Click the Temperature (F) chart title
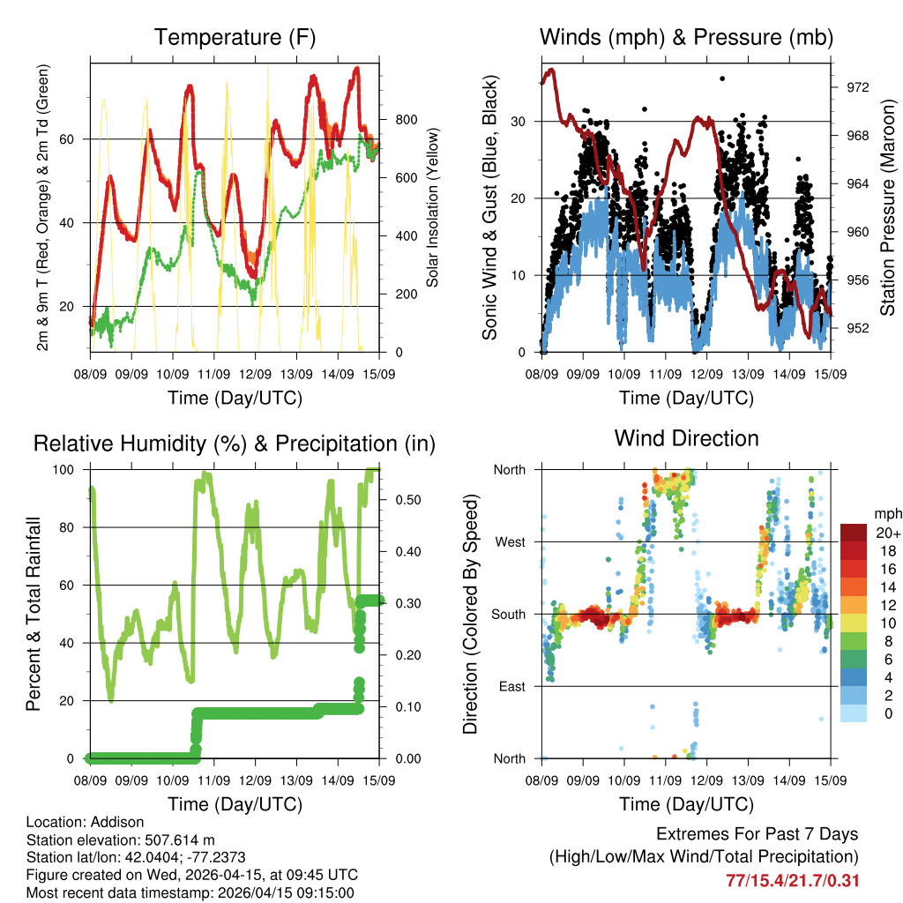click(x=234, y=37)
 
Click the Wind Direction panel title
click(x=686, y=437)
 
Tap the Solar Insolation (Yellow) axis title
click(x=433, y=208)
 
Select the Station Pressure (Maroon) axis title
click(x=887, y=208)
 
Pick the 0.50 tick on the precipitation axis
click(x=401, y=500)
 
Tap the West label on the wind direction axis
click(x=509, y=541)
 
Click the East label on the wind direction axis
click(x=511, y=686)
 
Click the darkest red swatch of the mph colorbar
click(x=854, y=534)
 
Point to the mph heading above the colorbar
click(x=887, y=513)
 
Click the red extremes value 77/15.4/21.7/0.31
click(x=792, y=880)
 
